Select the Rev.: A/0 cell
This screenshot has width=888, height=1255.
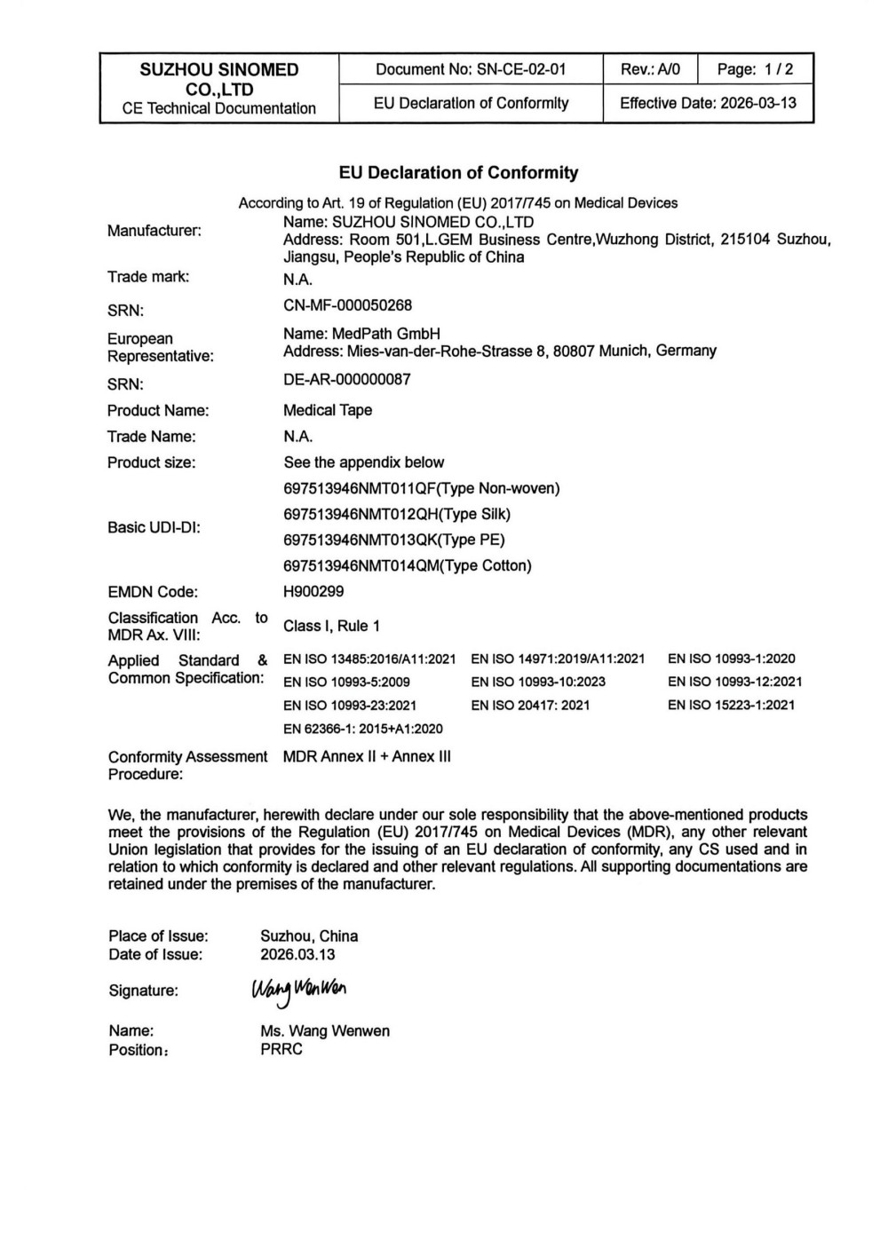[650, 69]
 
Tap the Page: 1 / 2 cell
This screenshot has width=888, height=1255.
[755, 69]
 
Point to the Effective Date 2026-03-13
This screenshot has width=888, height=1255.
[708, 103]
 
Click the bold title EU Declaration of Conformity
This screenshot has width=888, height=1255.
[458, 173]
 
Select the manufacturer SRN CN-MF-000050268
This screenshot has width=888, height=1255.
[347, 305]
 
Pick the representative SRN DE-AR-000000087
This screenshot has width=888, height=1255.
[346, 379]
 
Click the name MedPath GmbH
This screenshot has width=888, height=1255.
[361, 334]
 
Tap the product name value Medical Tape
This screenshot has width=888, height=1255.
[328, 410]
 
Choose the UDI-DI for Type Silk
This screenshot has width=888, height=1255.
[397, 514]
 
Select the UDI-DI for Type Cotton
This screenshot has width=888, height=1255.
[408, 565]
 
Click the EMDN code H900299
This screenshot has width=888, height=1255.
[313, 591]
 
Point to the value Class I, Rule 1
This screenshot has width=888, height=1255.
[331, 626]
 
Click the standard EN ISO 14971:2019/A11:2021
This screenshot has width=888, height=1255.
[558, 659]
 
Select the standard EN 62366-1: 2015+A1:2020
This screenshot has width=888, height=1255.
[362, 729]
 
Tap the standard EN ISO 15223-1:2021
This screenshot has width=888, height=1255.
[731, 706]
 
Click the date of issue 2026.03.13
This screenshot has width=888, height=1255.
[297, 955]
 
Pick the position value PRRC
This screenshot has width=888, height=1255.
[281, 1049]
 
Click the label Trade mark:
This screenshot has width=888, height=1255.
[148, 277]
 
